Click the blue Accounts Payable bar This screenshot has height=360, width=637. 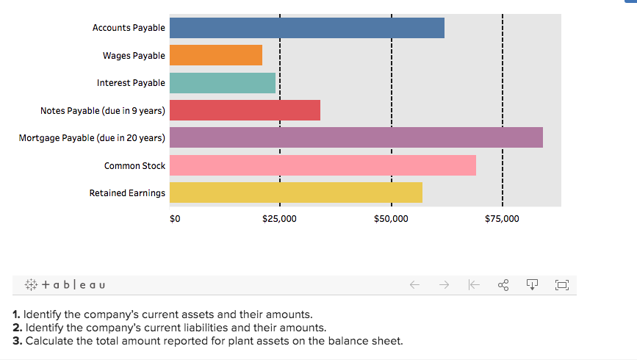(x=306, y=28)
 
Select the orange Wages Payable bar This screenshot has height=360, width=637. (x=215, y=55)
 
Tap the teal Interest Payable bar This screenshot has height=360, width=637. (x=222, y=83)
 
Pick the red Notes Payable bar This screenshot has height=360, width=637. (x=245, y=110)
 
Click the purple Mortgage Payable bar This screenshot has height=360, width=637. (x=356, y=137)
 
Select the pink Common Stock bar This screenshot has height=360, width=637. (x=323, y=165)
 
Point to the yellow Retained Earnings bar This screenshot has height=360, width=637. (x=295, y=192)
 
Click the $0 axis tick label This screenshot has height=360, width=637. (x=174, y=219)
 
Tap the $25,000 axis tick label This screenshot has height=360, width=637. (x=279, y=219)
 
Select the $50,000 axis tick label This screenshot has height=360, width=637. (x=391, y=219)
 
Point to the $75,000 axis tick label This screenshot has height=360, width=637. (x=502, y=219)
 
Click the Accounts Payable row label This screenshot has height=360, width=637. (x=129, y=28)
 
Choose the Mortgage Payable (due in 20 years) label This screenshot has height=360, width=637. (x=92, y=138)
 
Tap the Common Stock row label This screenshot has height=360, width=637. (x=134, y=166)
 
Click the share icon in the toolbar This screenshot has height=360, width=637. (x=504, y=284)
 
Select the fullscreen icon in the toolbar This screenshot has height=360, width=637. (x=562, y=284)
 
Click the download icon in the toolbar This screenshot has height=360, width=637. (x=533, y=284)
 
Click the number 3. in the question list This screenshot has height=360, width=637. (x=18, y=341)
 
